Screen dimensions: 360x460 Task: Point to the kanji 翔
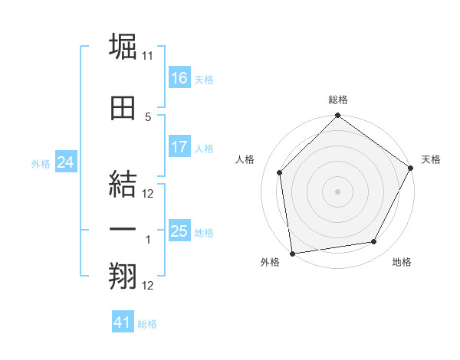(123, 277)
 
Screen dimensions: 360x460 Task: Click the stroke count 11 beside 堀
(148, 56)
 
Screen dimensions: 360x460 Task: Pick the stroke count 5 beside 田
(148, 116)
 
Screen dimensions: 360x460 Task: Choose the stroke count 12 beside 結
(148, 194)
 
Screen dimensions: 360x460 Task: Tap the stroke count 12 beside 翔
(148, 286)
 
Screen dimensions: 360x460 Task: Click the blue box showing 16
(179, 77)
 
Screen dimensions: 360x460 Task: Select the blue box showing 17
(179, 147)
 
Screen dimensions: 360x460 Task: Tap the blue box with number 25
(179, 231)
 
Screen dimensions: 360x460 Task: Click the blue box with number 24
(65, 162)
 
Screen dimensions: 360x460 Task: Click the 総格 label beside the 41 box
(147, 324)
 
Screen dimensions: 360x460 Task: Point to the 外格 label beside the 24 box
(41, 163)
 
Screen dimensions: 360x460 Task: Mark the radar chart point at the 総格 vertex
(337, 116)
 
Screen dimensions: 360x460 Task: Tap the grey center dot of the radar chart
(337, 191)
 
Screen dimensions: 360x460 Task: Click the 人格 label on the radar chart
(245, 159)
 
